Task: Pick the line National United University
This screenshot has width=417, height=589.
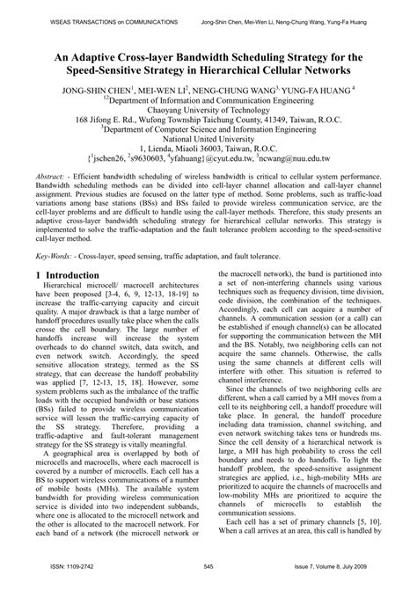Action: [208, 148]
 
